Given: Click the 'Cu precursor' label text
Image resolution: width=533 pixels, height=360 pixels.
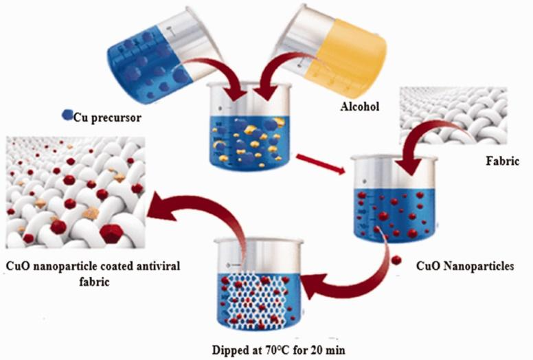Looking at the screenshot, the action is [107, 117].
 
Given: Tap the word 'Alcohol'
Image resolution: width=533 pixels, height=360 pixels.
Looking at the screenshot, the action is [360, 106].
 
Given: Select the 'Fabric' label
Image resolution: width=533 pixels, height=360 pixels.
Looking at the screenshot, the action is [502, 161].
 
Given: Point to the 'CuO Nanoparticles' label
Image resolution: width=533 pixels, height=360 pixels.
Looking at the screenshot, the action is [465, 266].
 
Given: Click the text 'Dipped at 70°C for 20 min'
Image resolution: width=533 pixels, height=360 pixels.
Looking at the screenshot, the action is [279, 350].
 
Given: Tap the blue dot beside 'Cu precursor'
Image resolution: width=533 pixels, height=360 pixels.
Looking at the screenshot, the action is [67, 115].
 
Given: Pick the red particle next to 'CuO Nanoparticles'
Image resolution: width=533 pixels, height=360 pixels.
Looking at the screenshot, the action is [396, 260].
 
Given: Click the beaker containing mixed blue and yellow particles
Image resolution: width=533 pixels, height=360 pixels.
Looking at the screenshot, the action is [250, 126].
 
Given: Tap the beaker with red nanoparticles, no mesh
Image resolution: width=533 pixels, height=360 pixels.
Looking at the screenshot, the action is [394, 199].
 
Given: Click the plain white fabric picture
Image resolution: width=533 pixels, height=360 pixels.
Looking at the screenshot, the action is [453, 115].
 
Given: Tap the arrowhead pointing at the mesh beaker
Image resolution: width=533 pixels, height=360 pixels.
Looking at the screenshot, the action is [313, 286].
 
